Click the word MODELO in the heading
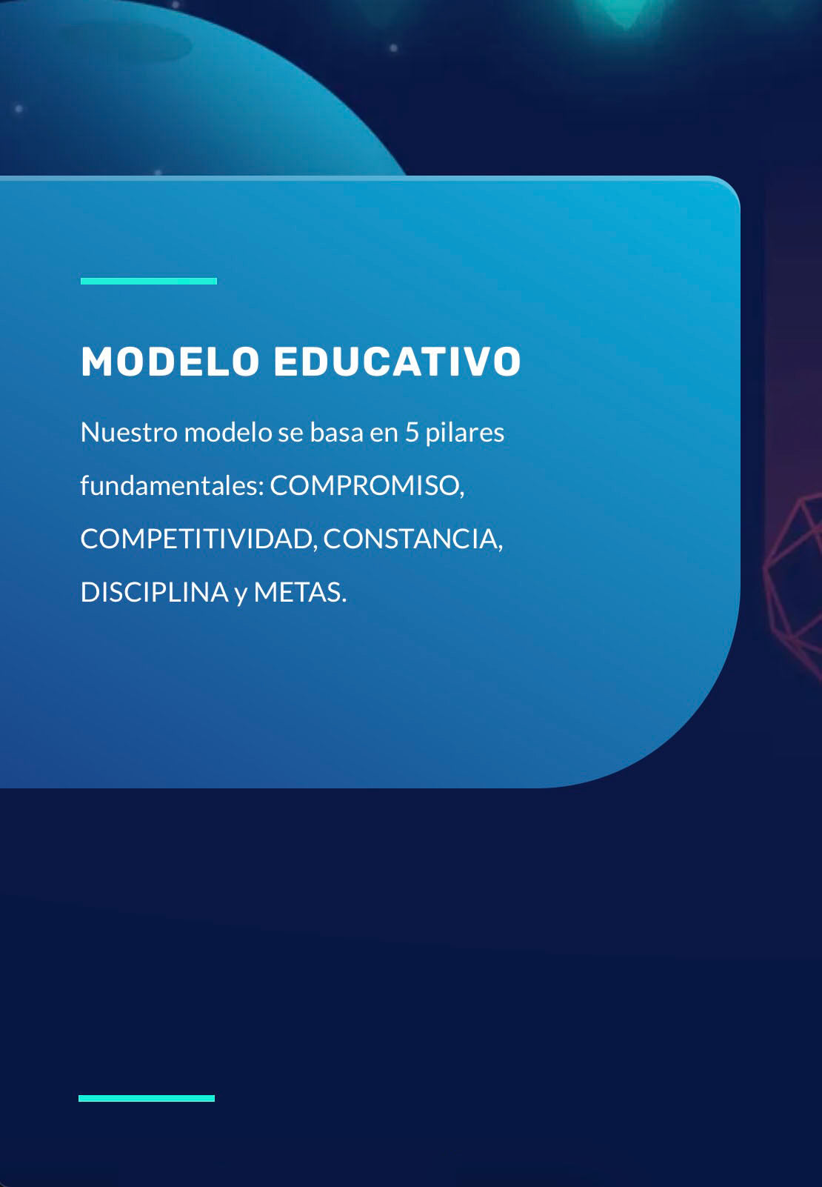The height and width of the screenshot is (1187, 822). coord(170,362)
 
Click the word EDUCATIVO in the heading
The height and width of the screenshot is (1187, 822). coord(398,362)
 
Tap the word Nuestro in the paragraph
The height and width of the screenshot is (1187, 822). coord(129,432)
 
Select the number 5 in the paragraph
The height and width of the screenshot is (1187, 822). coord(412,433)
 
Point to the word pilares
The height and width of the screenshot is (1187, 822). coord(464,432)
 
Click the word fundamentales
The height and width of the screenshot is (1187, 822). coord(172,485)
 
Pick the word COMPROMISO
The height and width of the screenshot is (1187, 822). coord(367,486)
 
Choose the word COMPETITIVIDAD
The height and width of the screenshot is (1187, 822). coord(198,539)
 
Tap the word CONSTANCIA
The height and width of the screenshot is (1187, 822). coord(412,539)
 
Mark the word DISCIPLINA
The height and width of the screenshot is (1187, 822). coord(154,592)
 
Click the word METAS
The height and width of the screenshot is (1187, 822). coord(300,592)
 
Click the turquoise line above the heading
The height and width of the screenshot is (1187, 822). coord(149,281)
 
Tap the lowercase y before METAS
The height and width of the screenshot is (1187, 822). coord(241,594)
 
